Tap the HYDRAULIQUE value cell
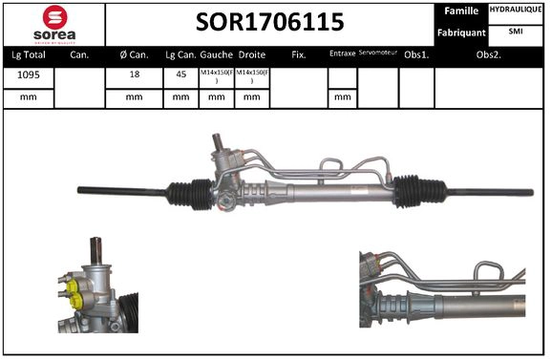click(x=516, y=10)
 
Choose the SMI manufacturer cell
click(x=516, y=32)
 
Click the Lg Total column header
click(x=29, y=55)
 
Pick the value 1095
click(x=28, y=76)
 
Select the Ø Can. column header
click(x=134, y=55)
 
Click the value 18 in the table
click(x=134, y=76)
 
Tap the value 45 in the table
click(x=180, y=76)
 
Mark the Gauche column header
click(x=216, y=55)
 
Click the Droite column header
click(x=252, y=55)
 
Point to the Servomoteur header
click(x=377, y=54)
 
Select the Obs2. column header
click(x=489, y=55)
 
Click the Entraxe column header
click(x=342, y=55)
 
